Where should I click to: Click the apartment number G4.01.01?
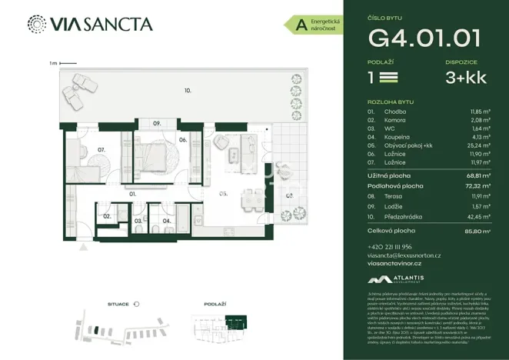425,37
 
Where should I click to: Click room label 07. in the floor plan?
101,150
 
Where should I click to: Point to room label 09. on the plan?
156,124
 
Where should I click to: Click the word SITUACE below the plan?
118,305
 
